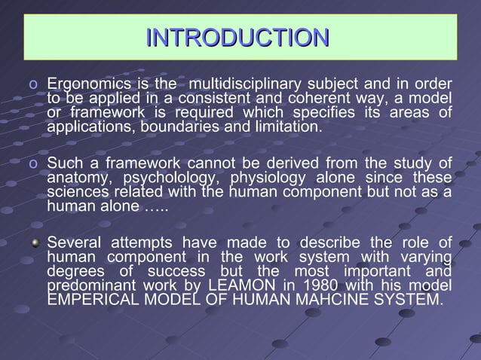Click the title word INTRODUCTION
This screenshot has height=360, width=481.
[237, 38]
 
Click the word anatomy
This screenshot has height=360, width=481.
[79, 178]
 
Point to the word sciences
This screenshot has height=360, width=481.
[78, 193]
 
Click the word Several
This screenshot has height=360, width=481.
[75, 243]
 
